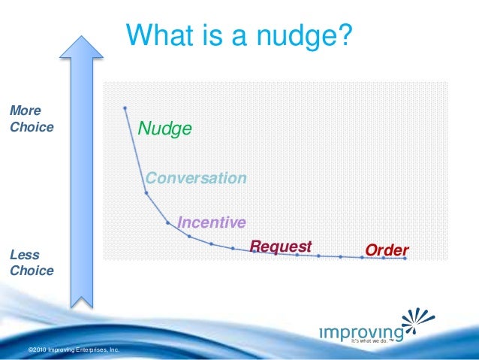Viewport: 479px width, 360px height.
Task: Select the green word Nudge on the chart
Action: point(164,129)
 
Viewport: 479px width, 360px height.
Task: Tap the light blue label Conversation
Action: point(196,178)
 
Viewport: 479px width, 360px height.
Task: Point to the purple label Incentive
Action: point(211,222)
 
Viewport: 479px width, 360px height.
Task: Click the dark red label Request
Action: point(280,247)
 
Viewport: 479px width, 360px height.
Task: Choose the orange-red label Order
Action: point(386,250)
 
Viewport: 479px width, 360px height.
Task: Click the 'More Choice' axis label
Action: point(31,119)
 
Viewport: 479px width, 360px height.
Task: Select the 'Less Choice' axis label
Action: point(31,263)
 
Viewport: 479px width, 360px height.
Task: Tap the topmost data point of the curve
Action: point(125,108)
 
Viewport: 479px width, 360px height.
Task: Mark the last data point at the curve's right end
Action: point(405,259)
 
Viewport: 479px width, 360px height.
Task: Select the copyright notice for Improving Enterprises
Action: point(73,350)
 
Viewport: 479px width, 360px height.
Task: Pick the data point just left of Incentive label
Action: point(167,222)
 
